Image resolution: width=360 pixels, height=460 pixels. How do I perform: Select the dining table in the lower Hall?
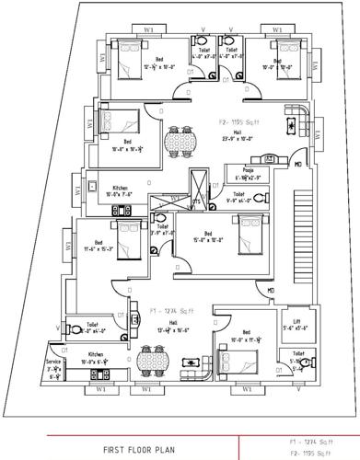coord(151,362)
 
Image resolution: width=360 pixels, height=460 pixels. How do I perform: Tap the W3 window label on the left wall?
coord(67,246)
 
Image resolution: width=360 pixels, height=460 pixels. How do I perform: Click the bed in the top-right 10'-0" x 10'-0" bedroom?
coord(279,52)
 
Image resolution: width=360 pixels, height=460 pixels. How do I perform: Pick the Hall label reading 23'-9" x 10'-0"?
coord(237,136)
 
